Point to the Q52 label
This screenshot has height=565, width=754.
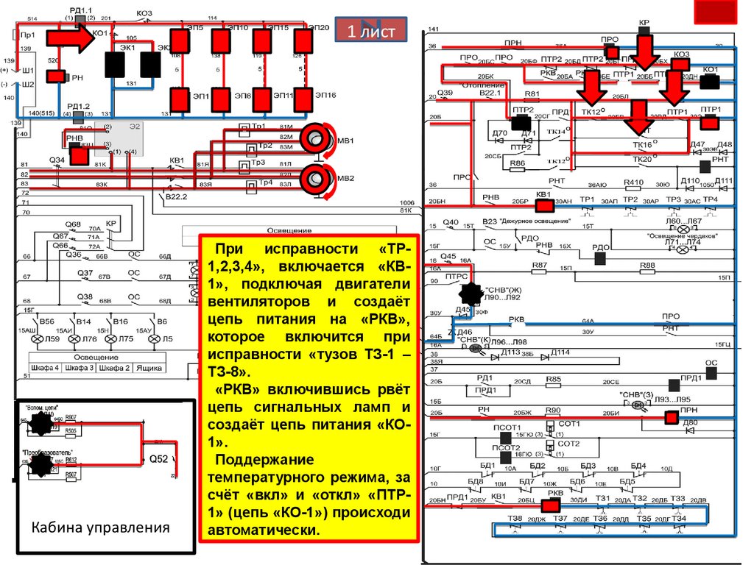coord(160,458)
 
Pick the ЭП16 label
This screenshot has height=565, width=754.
coord(325,95)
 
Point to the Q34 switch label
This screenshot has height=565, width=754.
coord(57,160)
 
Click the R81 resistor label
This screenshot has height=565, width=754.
coord(532,94)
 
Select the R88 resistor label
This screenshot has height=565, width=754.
coord(646,264)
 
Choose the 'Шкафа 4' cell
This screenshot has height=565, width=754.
coord(44,367)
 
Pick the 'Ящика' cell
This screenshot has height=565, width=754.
coord(152,367)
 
